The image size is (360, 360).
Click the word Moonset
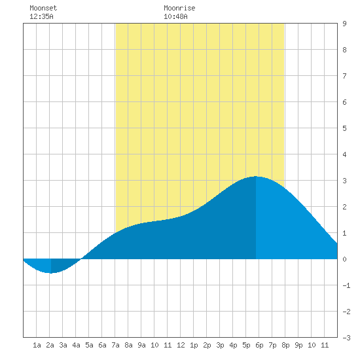(x=43, y=8)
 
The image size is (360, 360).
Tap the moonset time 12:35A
(x=41, y=16)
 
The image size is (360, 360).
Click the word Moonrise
(x=179, y=8)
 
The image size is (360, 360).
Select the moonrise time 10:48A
(x=175, y=16)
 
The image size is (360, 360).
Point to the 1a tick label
(x=37, y=345)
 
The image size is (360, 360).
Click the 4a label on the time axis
(x=76, y=345)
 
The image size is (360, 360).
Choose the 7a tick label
(x=115, y=345)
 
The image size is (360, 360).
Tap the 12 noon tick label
(x=181, y=345)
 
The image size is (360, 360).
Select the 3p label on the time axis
(x=220, y=345)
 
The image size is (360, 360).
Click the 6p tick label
(x=259, y=345)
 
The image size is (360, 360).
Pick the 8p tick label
(x=285, y=345)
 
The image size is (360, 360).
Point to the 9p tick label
(x=298, y=345)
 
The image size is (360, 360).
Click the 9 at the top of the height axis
(x=344, y=24)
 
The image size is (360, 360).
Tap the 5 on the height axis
(x=344, y=128)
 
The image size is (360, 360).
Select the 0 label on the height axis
(x=344, y=259)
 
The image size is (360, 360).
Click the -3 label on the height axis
(x=346, y=338)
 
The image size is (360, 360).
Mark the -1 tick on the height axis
(x=346, y=285)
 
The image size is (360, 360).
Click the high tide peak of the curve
(x=256, y=176)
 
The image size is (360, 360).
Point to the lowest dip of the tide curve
(x=51, y=273)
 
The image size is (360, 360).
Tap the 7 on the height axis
(x=344, y=76)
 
